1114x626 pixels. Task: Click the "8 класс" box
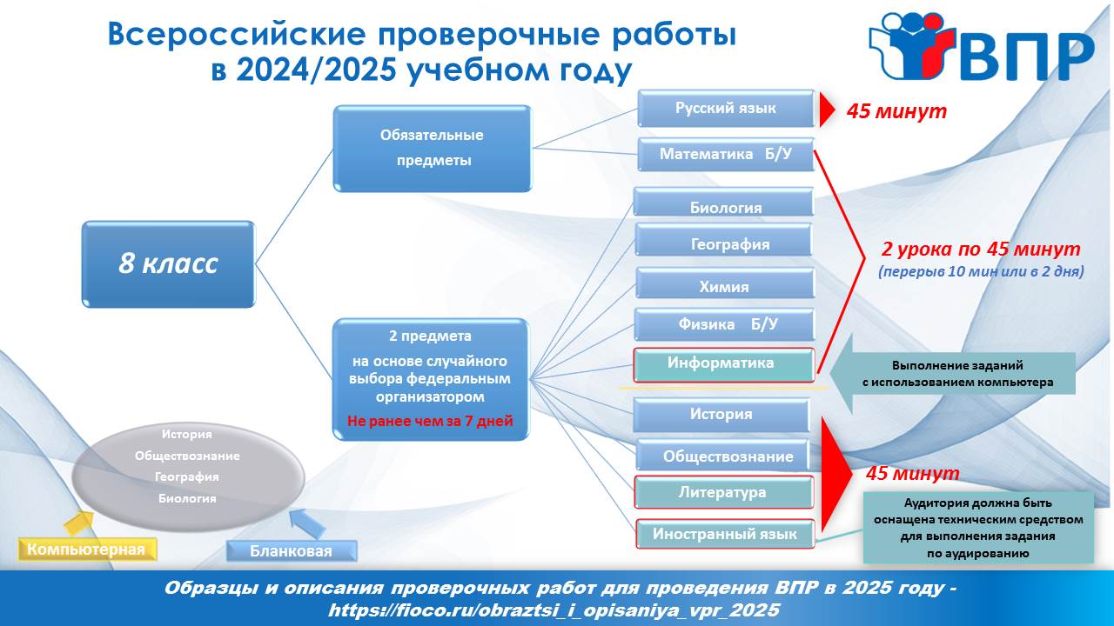point(168,263)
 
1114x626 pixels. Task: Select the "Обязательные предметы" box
point(433,148)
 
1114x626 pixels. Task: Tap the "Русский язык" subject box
point(726,109)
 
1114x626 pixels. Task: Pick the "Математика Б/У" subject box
point(726,155)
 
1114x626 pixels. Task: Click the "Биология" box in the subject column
point(723,202)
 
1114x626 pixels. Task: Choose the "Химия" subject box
point(725,283)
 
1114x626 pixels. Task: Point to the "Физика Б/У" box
point(725,324)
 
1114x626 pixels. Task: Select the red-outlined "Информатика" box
point(723,364)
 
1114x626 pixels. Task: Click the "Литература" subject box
point(723,492)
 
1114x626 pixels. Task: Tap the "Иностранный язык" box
point(725,534)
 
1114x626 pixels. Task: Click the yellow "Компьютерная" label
point(87,549)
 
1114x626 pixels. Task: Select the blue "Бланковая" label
point(292,551)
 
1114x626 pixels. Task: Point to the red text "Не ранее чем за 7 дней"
point(430,422)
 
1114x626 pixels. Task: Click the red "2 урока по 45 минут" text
point(981,249)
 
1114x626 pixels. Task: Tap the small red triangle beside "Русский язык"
point(827,110)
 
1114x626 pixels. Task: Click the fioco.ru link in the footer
point(554,610)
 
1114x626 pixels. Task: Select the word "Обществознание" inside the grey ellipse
point(187,456)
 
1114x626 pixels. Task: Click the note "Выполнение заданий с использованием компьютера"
point(958,374)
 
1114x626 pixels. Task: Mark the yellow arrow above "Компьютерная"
point(78,523)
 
